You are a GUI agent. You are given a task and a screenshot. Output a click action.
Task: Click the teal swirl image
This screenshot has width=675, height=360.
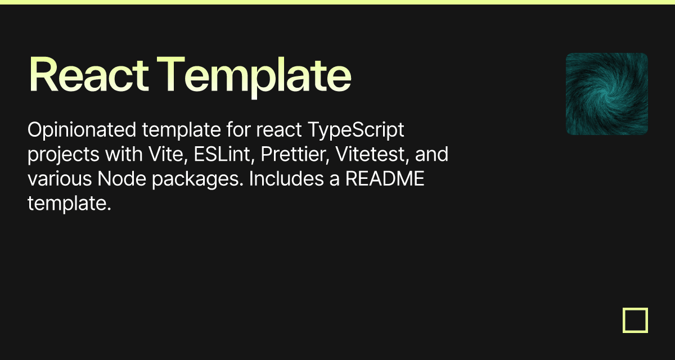click(606, 94)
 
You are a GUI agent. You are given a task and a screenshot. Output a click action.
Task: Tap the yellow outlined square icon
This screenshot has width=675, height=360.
click(635, 321)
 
